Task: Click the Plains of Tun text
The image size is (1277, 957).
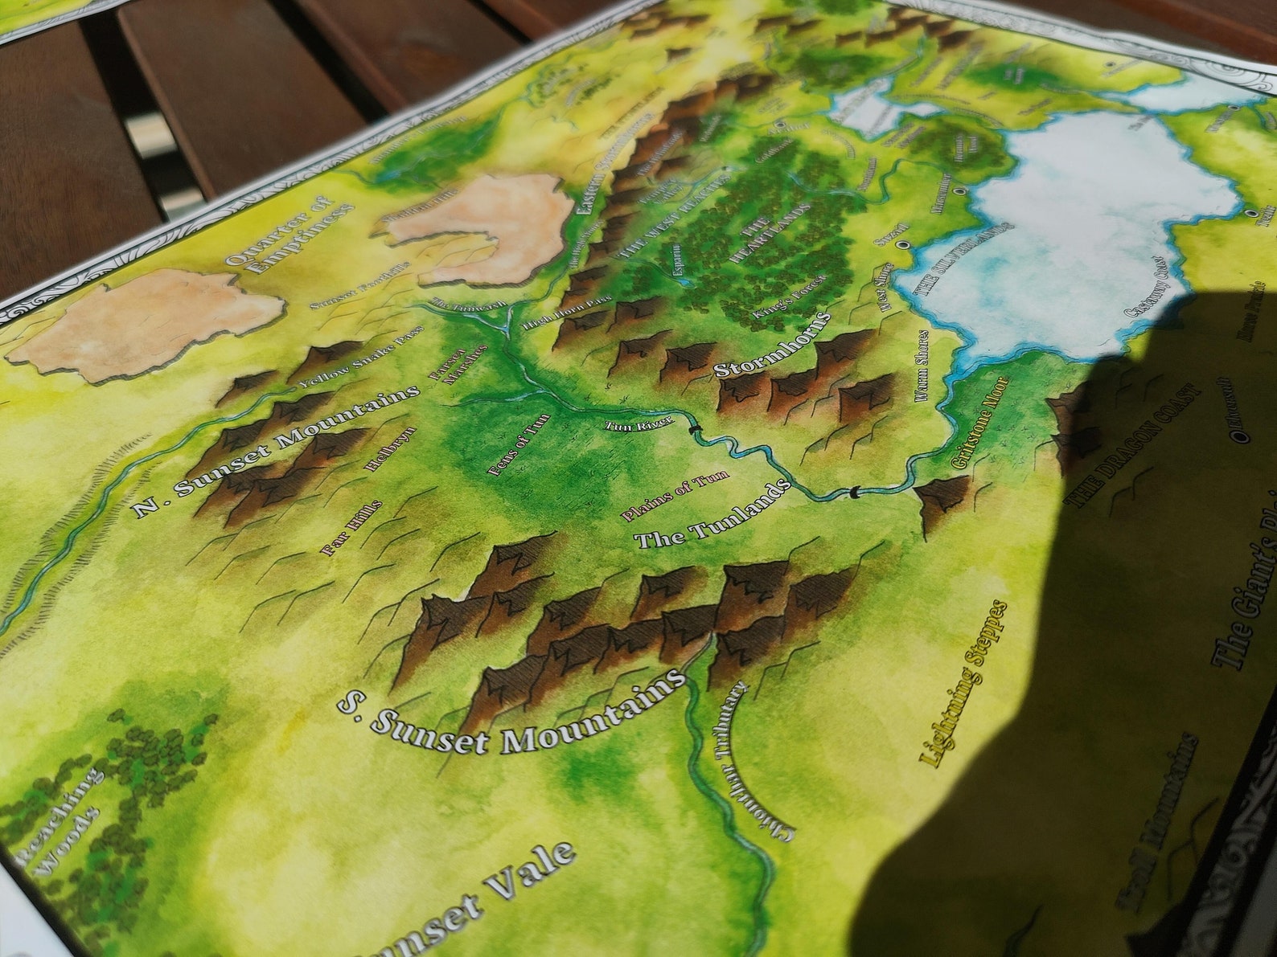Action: point(675,493)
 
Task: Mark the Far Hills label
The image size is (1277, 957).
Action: point(351,527)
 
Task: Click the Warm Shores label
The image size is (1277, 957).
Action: point(923,366)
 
